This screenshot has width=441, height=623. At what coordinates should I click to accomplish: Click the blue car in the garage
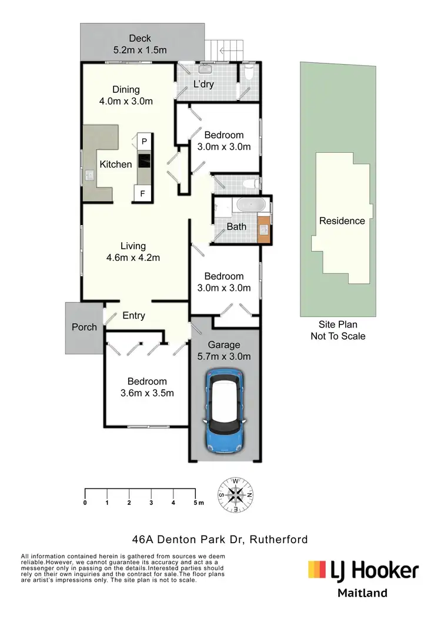[x=223, y=410]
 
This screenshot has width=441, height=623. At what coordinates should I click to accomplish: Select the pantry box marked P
[x=143, y=141]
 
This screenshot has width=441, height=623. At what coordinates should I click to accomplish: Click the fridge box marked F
[x=143, y=193]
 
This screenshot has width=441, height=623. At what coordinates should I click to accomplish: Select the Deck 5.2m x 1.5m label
[x=140, y=45]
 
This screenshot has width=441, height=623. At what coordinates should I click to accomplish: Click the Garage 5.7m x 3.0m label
[x=223, y=351]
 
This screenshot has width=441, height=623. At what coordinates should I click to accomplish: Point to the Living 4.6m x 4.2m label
[x=133, y=252]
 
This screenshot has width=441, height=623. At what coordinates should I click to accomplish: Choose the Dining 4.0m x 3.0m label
[x=126, y=95]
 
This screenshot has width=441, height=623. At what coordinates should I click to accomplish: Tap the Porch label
[x=84, y=327]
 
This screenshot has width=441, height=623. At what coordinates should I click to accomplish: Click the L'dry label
[x=203, y=84]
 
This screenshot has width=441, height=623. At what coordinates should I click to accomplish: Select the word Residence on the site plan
[x=342, y=221]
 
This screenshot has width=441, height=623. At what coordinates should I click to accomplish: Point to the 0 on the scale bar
[x=85, y=503]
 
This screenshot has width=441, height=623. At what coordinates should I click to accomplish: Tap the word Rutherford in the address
[x=278, y=539]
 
